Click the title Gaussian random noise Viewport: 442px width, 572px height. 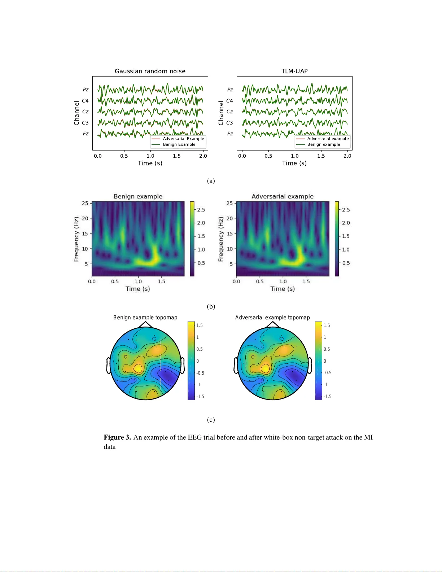coord(150,71)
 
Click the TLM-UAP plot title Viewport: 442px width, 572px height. coord(294,71)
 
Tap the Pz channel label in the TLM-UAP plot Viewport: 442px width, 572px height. coord(230,89)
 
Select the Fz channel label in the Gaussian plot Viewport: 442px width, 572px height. coord(86,134)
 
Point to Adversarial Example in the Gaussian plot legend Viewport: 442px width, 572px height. coord(183,139)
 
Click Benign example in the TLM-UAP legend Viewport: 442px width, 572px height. coord(324,144)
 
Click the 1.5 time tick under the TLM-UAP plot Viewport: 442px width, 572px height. coord(321,156)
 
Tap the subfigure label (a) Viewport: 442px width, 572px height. coord(211,181)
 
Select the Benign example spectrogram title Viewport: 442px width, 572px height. coord(138,196)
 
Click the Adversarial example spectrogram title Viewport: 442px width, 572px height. coord(283,196)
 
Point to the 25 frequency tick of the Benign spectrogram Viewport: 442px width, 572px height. coord(85,203)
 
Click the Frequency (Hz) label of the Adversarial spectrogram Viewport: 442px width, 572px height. coord(221,239)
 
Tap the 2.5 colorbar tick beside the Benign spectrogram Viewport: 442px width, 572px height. coord(201,210)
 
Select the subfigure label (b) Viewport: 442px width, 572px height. coord(211,306)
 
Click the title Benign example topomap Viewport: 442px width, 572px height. coord(145,318)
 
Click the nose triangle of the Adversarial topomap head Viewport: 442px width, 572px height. coord(273,324)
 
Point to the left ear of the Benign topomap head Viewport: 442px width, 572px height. coord(108,365)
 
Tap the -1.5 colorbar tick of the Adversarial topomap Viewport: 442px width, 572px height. coord(327,396)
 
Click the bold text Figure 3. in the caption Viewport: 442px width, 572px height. coord(117,437)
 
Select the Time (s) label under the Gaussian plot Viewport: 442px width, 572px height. coord(150,163)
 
